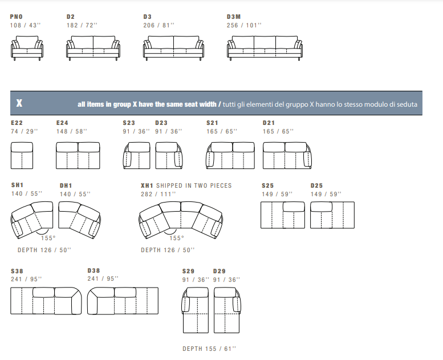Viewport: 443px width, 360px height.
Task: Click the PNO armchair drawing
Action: point(27,48)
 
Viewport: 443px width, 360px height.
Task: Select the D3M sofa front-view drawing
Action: point(265,48)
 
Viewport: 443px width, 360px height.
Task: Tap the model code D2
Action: point(71,17)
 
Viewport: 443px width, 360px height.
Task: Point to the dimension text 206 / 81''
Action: point(158,26)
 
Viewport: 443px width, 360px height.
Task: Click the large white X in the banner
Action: point(19,103)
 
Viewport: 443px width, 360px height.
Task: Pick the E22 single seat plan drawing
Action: point(22,156)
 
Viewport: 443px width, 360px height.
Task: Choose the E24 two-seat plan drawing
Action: point(78,156)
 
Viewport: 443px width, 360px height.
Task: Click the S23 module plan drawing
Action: point(137,156)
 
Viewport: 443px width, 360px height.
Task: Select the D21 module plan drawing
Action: point(287,156)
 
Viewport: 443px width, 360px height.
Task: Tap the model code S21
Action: point(212,123)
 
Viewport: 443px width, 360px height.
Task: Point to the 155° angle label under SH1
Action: point(48,238)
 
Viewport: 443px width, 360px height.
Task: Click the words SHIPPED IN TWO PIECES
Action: point(194,185)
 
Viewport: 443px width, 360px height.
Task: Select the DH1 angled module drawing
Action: point(79,220)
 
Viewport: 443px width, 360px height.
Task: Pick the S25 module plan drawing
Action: point(283,215)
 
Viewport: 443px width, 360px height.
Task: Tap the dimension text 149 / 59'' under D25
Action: point(326,195)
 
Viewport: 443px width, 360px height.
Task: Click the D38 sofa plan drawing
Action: point(123,301)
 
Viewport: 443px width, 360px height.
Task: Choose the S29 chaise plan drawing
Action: point(196,310)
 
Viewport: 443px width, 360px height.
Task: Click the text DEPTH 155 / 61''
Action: point(209,349)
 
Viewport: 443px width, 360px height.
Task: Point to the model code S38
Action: point(17,271)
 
